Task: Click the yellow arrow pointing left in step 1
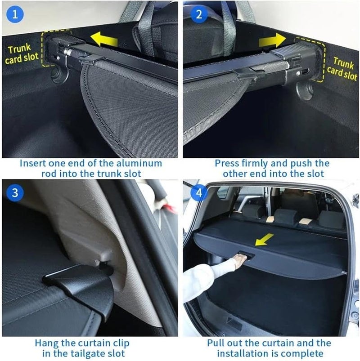click(105, 39)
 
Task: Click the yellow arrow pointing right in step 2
click(272, 40)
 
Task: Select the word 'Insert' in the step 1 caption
click(33, 163)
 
